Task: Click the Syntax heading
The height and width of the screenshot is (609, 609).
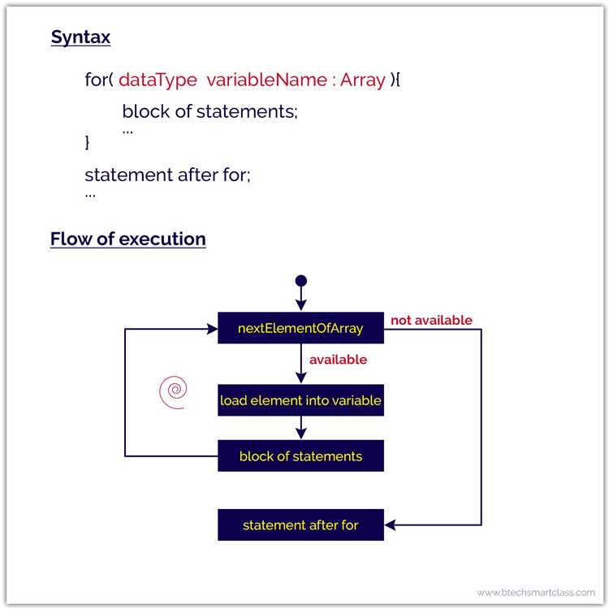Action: (80, 37)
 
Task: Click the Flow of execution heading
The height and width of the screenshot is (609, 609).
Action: (127, 239)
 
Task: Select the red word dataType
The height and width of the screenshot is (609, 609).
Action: (158, 80)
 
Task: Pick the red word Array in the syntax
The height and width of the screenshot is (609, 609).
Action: (362, 80)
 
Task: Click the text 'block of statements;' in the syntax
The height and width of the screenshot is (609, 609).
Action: (210, 112)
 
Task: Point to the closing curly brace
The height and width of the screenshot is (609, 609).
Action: (89, 142)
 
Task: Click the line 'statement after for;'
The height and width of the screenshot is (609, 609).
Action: (167, 175)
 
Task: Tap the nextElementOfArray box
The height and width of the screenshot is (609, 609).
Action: (300, 328)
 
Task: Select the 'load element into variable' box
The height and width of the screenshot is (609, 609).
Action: (300, 400)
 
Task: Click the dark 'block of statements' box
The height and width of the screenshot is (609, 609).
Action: (300, 456)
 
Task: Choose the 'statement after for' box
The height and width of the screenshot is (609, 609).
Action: (300, 525)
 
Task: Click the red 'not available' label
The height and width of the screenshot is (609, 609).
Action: (431, 321)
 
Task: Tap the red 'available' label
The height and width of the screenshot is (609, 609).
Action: (339, 360)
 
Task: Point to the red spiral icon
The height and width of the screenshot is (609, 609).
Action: (172, 392)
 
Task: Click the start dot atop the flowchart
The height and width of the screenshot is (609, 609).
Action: (301, 281)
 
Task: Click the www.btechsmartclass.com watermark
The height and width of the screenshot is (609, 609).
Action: (536, 593)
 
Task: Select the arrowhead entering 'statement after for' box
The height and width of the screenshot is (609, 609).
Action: (390, 525)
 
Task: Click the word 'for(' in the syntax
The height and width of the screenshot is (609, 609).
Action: (99, 80)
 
